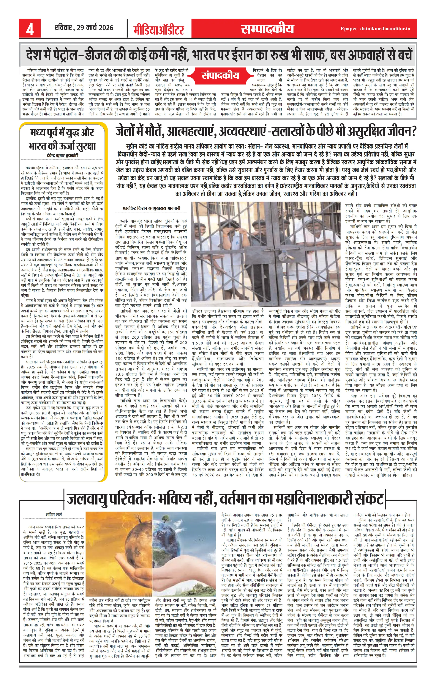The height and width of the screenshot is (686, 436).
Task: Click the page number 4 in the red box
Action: [x=30, y=29]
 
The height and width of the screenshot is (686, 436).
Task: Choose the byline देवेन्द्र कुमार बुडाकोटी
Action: [x=63, y=156]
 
